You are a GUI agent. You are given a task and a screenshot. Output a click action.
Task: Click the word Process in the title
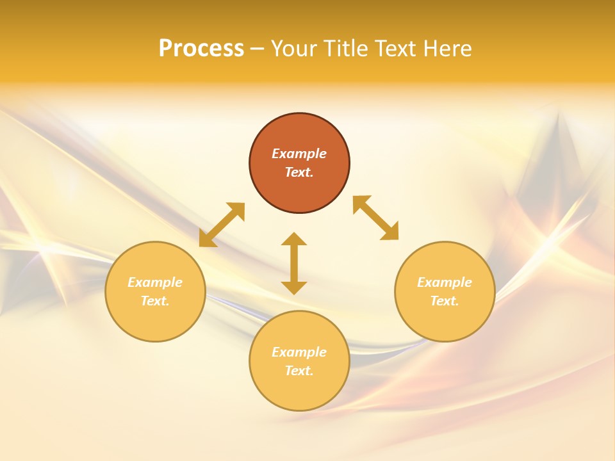point(201,49)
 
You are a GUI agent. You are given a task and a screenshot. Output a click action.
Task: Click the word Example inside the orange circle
point(299,154)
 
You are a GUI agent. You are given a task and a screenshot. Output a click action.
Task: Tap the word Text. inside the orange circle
point(299,172)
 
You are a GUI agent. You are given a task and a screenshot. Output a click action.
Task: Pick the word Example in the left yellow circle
point(155,282)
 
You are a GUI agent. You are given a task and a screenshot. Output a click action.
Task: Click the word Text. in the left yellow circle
point(155,301)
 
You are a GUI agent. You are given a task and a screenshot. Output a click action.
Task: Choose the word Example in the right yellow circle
point(445,282)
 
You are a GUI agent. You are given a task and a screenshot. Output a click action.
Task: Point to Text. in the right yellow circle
point(445,301)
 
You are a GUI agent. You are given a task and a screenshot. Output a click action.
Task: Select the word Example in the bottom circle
point(299,352)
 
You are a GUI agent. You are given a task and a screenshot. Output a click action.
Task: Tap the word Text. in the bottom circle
point(299,371)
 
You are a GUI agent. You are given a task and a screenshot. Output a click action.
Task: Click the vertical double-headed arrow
point(294,263)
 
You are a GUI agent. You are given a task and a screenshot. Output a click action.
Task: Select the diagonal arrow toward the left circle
point(222,225)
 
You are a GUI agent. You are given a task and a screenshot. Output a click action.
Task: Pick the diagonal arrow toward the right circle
point(376,218)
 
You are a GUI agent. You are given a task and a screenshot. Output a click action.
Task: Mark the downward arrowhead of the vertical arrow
point(294,287)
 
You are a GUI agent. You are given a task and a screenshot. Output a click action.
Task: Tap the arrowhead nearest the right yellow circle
point(391,232)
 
